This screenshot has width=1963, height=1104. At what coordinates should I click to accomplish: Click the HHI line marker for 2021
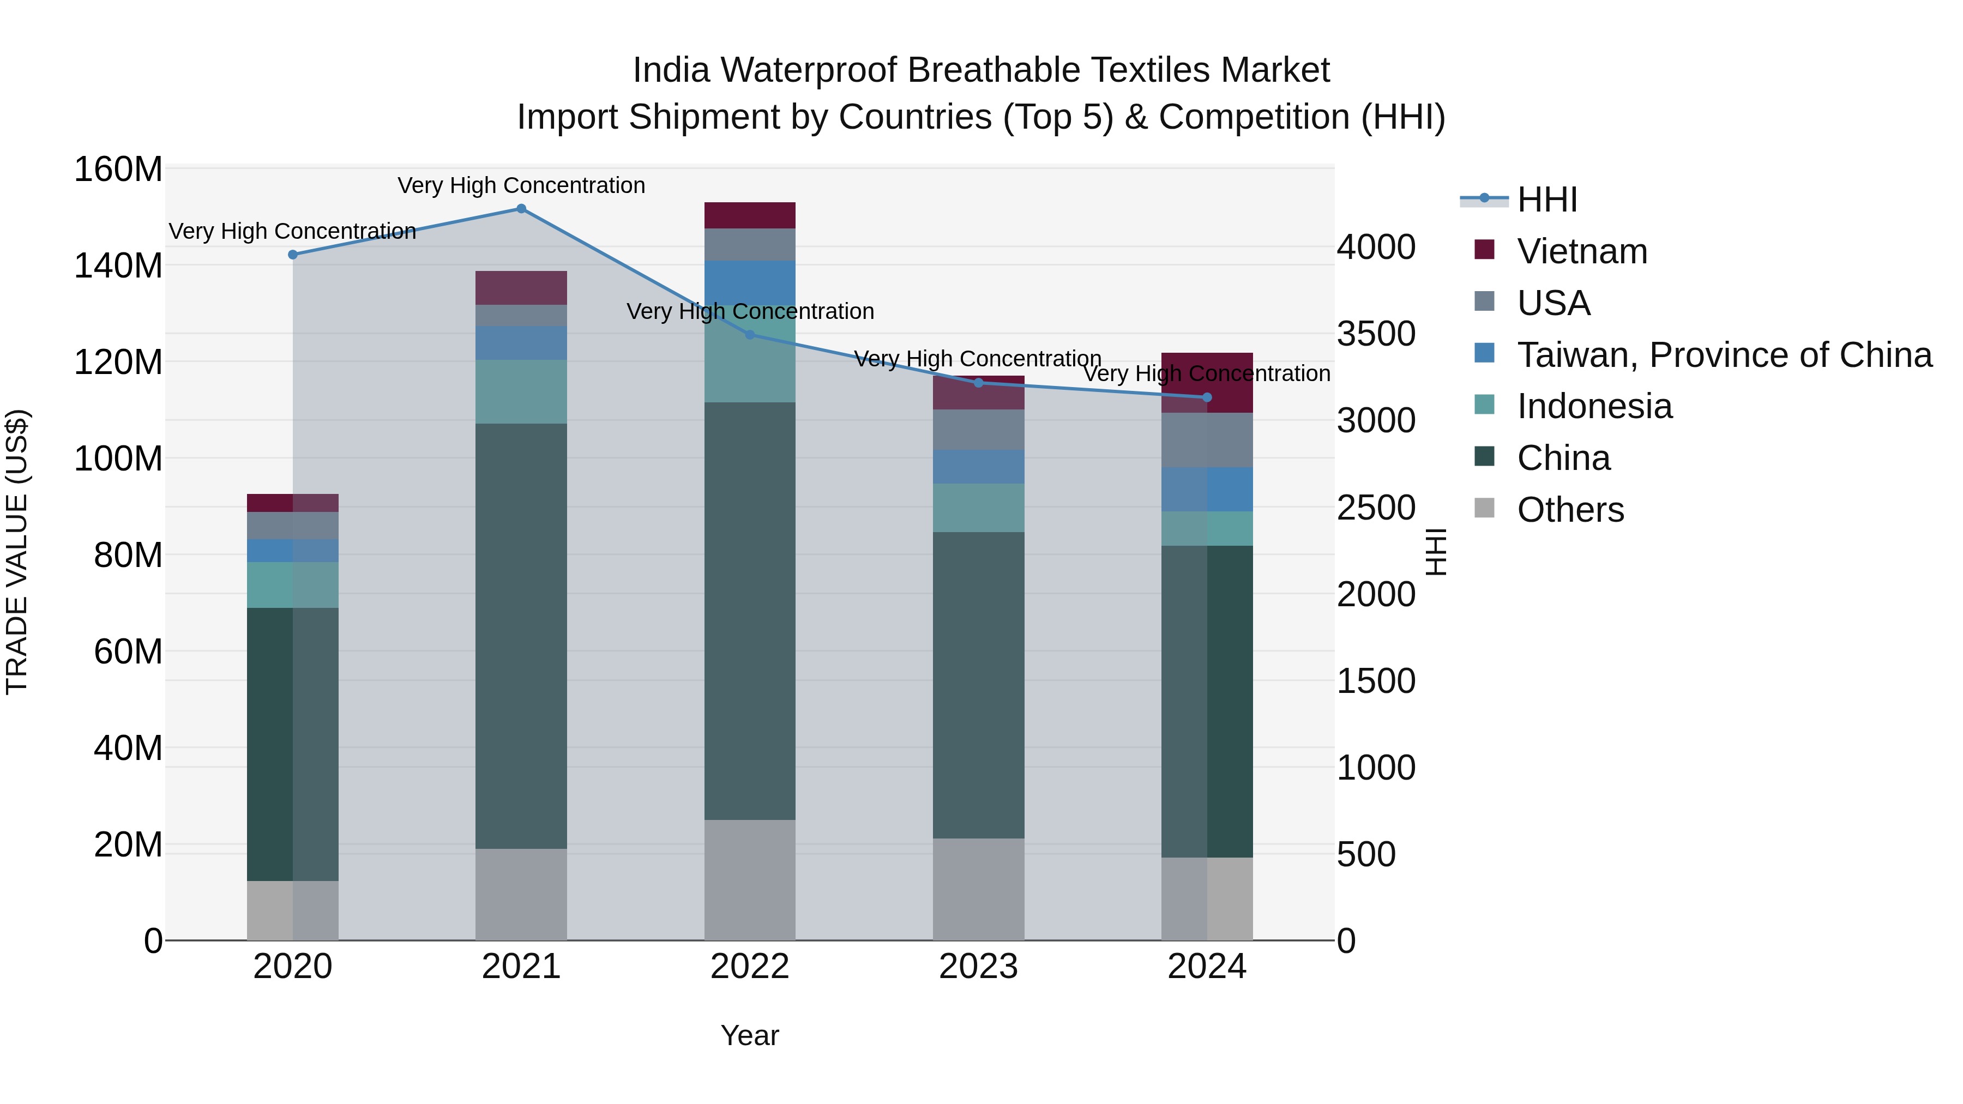(x=521, y=209)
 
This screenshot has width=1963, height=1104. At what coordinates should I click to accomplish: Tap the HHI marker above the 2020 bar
(x=293, y=255)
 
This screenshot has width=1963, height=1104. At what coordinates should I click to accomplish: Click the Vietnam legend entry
(x=1581, y=251)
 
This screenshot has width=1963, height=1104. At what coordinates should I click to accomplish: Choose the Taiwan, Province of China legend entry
(x=1724, y=355)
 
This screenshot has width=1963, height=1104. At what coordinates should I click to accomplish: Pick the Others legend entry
(x=1570, y=510)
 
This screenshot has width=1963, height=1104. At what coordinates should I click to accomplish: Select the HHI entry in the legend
(x=1546, y=200)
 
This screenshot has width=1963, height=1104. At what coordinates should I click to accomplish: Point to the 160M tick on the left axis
(x=118, y=169)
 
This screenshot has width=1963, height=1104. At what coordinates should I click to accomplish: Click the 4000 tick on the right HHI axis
(x=1376, y=248)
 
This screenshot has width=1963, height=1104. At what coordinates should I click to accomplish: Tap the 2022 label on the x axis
(x=750, y=967)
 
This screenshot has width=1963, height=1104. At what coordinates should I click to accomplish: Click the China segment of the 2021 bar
(x=521, y=636)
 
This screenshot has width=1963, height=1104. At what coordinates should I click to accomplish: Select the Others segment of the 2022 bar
(x=750, y=880)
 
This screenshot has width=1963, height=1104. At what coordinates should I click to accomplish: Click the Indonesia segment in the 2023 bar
(x=978, y=508)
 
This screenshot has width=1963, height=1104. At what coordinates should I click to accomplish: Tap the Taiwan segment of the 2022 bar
(x=750, y=282)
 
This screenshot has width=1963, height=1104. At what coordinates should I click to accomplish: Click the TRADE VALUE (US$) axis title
(x=17, y=552)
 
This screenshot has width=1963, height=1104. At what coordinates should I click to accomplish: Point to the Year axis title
(x=750, y=1035)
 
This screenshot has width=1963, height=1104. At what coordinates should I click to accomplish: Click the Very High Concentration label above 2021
(x=521, y=186)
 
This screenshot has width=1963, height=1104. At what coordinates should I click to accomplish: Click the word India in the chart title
(x=671, y=71)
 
